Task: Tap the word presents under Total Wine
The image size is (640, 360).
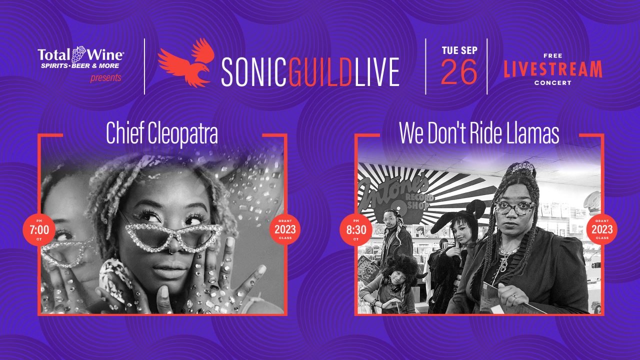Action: pos(105,77)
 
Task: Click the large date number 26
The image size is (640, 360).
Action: pos(459,71)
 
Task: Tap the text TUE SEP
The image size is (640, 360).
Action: pos(459,50)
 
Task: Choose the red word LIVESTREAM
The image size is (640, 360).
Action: pos(553,69)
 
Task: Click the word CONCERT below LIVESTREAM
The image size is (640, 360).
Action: pos(553,83)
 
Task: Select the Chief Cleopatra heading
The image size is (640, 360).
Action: pos(162,133)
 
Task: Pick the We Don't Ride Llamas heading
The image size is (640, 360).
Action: pos(479,133)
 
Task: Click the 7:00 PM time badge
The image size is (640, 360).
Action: pos(39,229)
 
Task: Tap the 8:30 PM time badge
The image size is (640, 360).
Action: pos(355,229)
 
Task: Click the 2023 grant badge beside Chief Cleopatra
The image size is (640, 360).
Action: pos(285,229)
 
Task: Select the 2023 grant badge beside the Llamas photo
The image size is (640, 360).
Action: pos(601,229)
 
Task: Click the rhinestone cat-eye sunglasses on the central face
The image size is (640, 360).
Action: pos(173,235)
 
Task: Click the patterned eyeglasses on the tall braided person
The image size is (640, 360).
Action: pos(514,207)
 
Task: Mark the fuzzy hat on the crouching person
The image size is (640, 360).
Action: pos(399,266)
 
